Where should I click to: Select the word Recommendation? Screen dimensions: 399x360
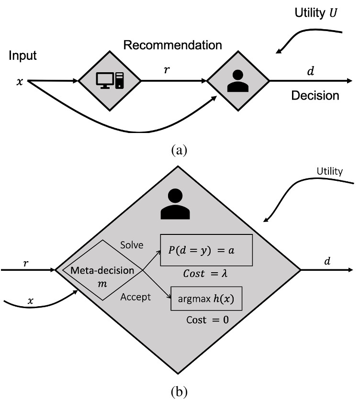point(172,45)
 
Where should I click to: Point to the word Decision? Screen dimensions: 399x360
point(315,96)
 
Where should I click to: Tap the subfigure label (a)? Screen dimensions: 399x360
point(179,150)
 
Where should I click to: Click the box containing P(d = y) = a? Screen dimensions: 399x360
point(206,250)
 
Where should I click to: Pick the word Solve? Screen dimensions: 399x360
point(131,245)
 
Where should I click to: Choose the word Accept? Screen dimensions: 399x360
point(135,297)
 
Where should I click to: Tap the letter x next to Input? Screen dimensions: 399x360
point(20,81)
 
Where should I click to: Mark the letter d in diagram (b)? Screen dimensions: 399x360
point(327,261)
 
